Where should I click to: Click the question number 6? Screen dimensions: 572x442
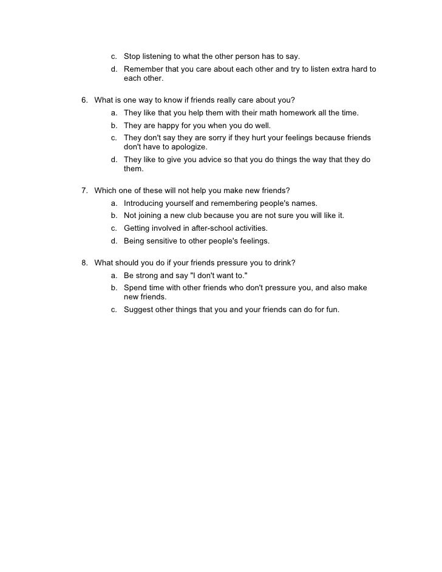pos(84,100)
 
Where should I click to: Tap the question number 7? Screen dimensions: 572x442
pos(84,190)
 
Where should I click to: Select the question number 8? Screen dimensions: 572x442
pos(84,263)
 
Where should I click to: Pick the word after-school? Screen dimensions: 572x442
pos(205,228)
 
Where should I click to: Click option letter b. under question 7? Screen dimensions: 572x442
pos(114,216)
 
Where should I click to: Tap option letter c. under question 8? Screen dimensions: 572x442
pos(114,310)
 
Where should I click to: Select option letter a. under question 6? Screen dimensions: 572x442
pos(114,113)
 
